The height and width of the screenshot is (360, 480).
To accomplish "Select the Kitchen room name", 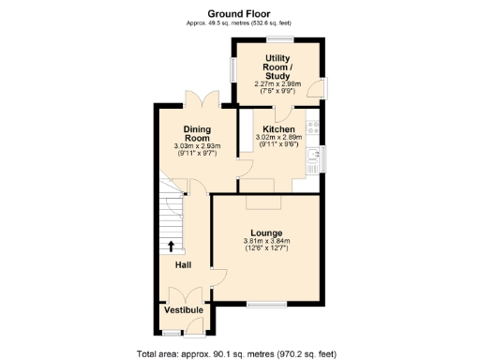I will click(278, 129).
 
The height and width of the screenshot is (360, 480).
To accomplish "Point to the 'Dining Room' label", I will click(196, 133).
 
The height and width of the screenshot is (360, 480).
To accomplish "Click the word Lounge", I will click(266, 232).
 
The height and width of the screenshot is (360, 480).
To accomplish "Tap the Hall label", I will click(185, 265).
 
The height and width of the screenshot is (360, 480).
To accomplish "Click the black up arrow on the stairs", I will click(171, 247).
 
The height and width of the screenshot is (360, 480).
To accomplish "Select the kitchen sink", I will click(319, 159).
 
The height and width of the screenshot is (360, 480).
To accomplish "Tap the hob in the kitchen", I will click(319, 132).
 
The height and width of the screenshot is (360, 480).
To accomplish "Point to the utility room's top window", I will click(279, 38).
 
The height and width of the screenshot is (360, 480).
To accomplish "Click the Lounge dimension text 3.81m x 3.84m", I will click(266, 242).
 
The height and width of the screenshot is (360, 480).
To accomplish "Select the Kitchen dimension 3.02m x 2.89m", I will click(278, 139).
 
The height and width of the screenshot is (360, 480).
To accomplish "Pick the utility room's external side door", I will click(322, 90).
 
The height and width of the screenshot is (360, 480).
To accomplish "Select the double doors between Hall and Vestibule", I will click(185, 293).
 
